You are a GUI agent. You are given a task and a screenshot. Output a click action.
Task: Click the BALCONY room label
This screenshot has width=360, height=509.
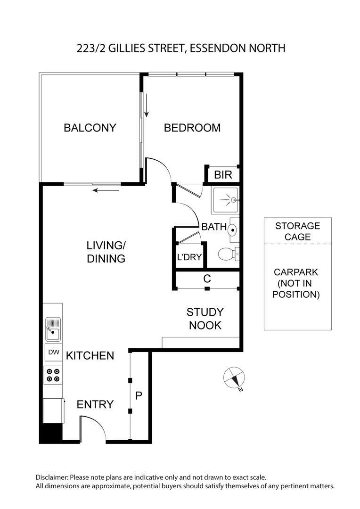pyautogui.click(x=90, y=128)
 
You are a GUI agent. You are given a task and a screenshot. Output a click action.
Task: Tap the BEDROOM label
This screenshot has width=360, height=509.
pyautogui.click(x=192, y=128)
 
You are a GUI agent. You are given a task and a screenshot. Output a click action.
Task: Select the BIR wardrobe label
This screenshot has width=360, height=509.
pyautogui.click(x=223, y=175)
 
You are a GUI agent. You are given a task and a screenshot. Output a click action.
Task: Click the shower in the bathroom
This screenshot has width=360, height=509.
pyautogui.click(x=225, y=200)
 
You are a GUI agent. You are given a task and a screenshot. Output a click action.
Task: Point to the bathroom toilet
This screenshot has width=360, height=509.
pyautogui.click(x=228, y=254)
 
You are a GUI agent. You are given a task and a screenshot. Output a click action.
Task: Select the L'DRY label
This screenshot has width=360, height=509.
pyautogui.click(x=189, y=257)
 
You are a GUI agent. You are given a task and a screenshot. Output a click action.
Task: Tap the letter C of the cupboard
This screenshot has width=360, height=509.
pyautogui.click(x=206, y=279)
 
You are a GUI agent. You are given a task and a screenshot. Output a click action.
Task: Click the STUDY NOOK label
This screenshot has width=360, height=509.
pyautogui.click(x=205, y=319)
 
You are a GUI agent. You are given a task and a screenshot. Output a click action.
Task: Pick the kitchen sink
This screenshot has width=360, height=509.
pyautogui.click(x=53, y=328)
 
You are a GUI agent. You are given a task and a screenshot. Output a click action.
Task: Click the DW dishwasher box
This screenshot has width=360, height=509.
pyautogui.click(x=53, y=352)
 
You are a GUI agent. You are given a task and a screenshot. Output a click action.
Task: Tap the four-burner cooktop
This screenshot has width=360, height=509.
pyautogui.click(x=53, y=375)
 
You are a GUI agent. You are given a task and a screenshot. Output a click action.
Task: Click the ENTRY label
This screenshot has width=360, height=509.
pyautogui.click(x=95, y=404)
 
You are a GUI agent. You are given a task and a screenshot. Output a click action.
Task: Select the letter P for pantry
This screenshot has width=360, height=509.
pyautogui.click(x=139, y=396)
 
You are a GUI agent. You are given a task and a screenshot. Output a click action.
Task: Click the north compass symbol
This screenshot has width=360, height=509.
pyautogui.click(x=234, y=378)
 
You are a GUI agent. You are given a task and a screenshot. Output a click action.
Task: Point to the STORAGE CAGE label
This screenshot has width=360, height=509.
pyautogui.click(x=297, y=231)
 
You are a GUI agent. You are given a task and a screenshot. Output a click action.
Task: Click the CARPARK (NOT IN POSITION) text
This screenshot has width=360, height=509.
pyautogui.click(x=297, y=283)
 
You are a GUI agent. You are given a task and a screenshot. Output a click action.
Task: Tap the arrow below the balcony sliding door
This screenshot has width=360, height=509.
pyautogui.click(x=105, y=190)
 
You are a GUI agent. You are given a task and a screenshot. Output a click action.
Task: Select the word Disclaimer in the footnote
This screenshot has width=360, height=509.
pyautogui.click(x=52, y=477)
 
